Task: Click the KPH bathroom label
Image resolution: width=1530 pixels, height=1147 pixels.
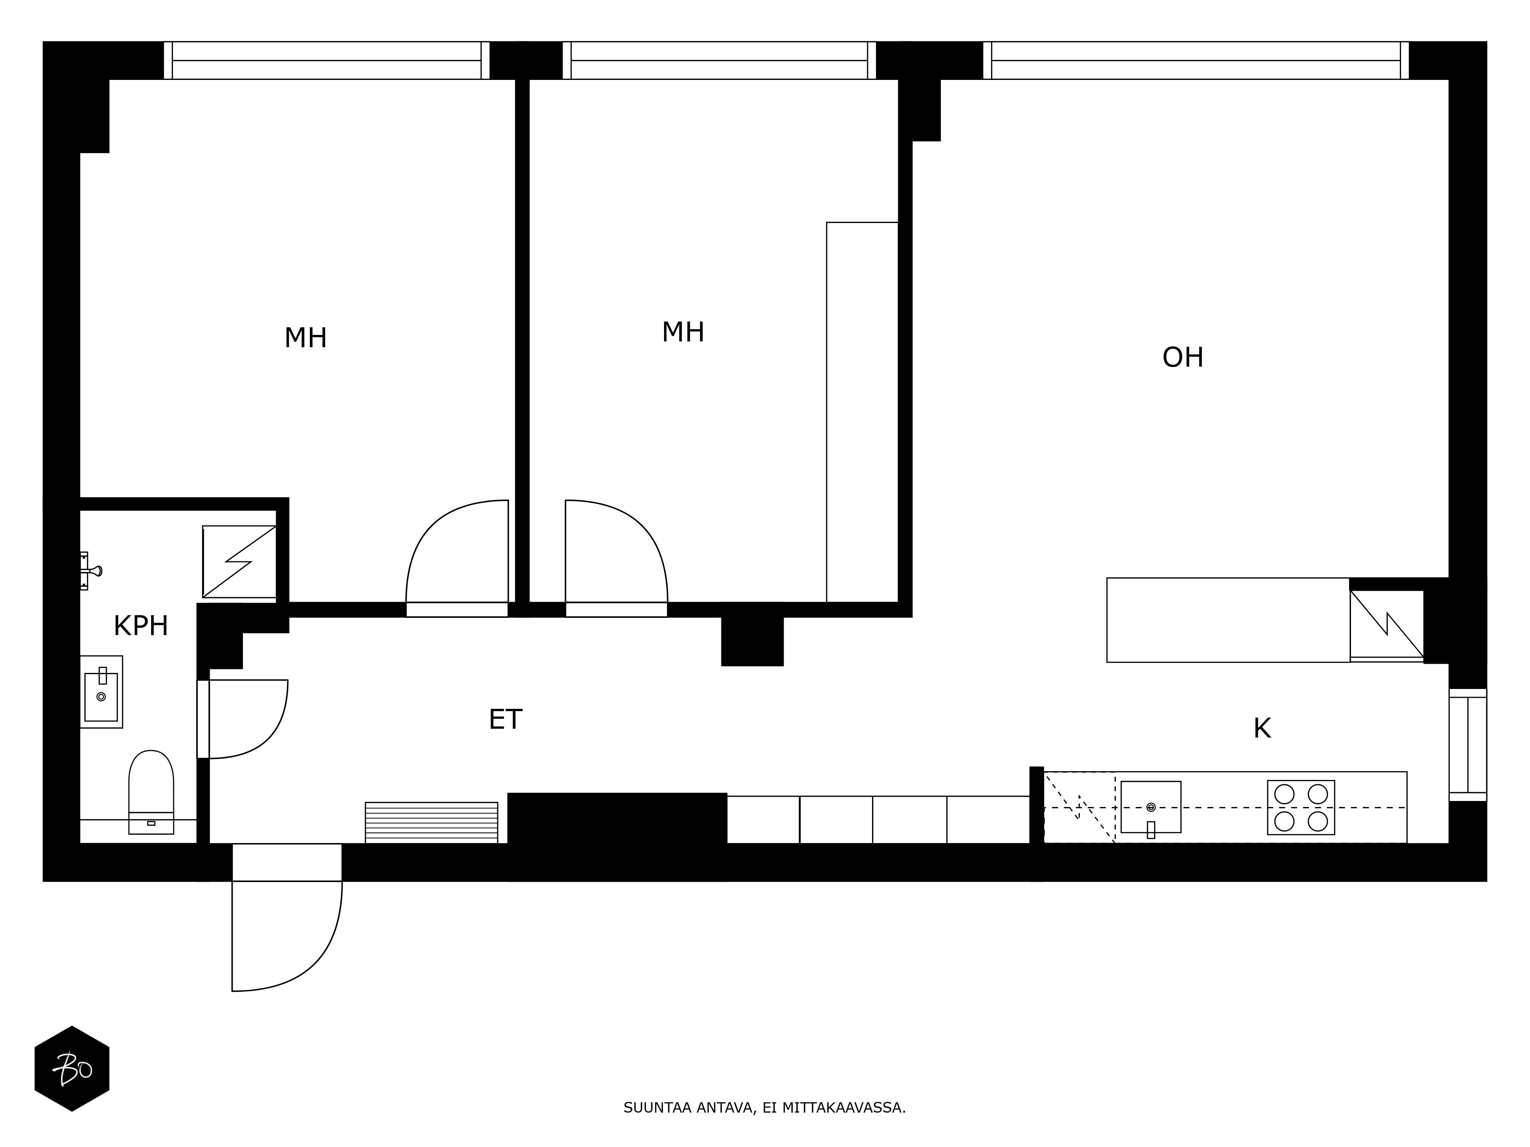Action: click(x=141, y=626)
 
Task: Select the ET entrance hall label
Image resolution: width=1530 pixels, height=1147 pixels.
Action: click(x=506, y=720)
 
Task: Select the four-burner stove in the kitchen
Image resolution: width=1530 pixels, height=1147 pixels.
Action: click(x=1301, y=807)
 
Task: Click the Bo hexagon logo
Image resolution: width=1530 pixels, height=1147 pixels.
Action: click(x=72, y=1069)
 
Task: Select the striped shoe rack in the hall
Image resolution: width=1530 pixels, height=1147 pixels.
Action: click(x=431, y=822)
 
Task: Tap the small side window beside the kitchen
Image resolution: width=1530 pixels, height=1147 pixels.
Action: click(x=1468, y=745)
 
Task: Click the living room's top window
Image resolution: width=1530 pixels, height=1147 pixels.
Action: click(x=1196, y=61)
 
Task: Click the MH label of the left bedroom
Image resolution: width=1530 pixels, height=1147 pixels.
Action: click(x=306, y=338)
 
